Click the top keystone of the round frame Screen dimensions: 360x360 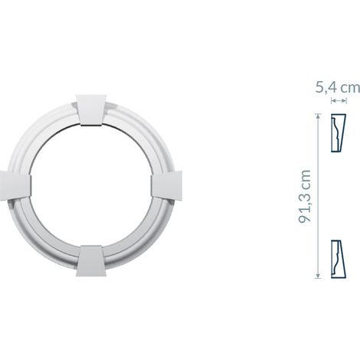coord(91,110)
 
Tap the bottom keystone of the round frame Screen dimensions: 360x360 coord(91,261)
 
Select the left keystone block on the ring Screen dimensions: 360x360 coord(15,185)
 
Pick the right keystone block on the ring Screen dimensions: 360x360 coord(166,185)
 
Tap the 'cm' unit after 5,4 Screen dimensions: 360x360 coord(351,88)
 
